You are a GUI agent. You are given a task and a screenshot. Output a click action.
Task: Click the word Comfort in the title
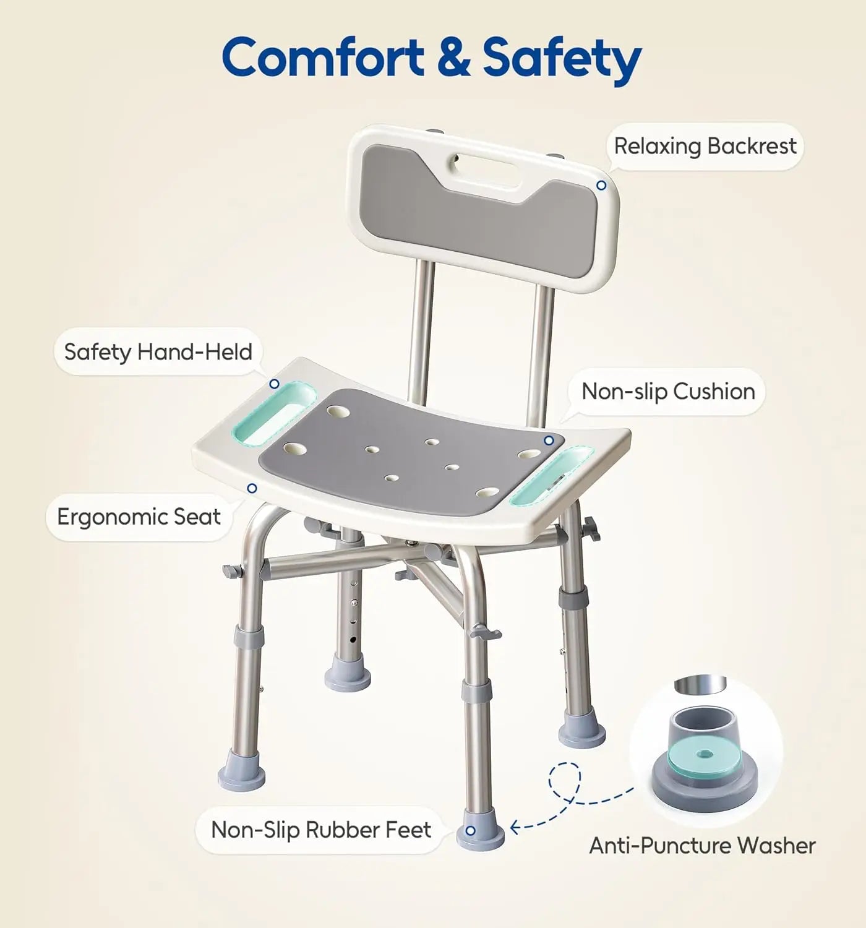click(x=322, y=58)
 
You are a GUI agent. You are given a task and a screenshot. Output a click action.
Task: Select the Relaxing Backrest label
click(x=705, y=147)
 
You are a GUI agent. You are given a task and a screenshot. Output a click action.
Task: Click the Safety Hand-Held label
click(x=158, y=352)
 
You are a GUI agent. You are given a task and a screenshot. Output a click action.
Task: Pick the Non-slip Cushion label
click(x=668, y=392)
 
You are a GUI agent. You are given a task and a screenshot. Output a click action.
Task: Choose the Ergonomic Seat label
click(x=139, y=517)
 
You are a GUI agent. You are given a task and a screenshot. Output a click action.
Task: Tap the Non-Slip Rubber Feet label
click(x=321, y=830)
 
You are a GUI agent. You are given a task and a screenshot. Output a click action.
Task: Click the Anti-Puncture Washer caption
click(x=702, y=846)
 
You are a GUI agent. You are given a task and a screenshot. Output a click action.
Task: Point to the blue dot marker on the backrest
click(x=601, y=186)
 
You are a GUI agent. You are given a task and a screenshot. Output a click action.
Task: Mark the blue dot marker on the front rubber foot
click(x=472, y=830)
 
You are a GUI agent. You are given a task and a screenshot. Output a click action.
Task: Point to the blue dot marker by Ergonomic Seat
click(x=252, y=488)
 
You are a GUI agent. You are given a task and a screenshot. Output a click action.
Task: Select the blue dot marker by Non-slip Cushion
click(x=548, y=440)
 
